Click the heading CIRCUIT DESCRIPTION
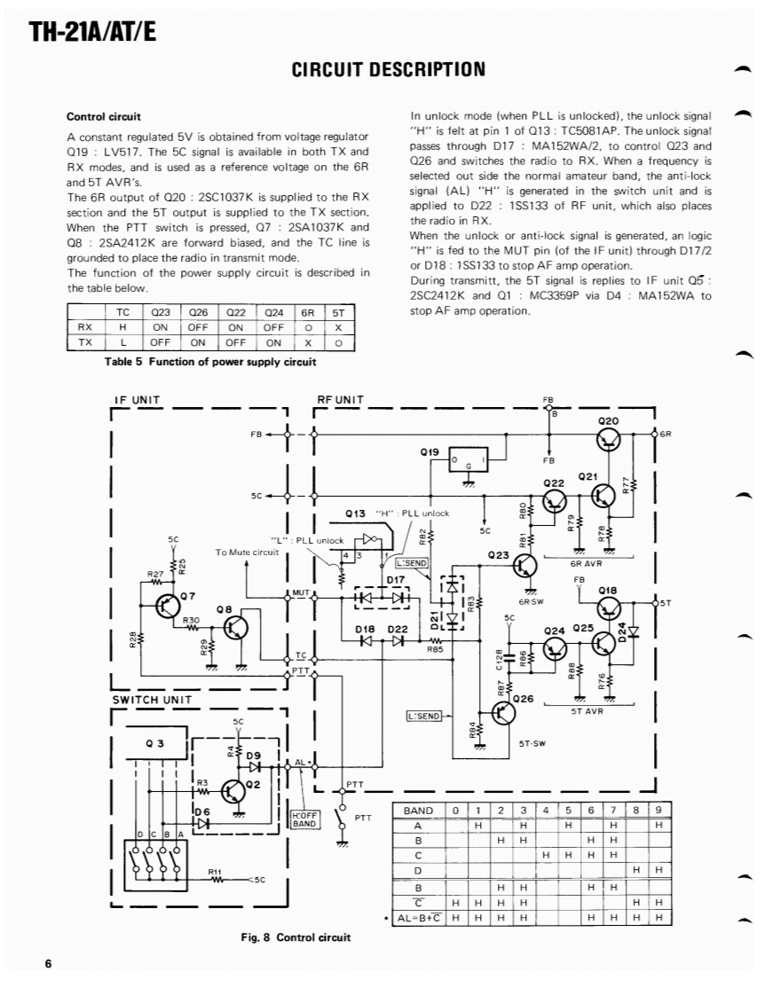[x=388, y=70]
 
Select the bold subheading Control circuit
[x=104, y=116]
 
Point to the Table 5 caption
[x=209, y=361]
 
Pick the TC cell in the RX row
[x=123, y=326]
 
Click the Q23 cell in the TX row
[x=161, y=341]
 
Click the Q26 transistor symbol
[x=502, y=711]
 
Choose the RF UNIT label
[x=340, y=400]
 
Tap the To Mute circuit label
[x=247, y=552]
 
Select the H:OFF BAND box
[x=304, y=818]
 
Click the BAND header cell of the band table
[x=418, y=811]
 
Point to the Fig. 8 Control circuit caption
[x=295, y=936]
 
